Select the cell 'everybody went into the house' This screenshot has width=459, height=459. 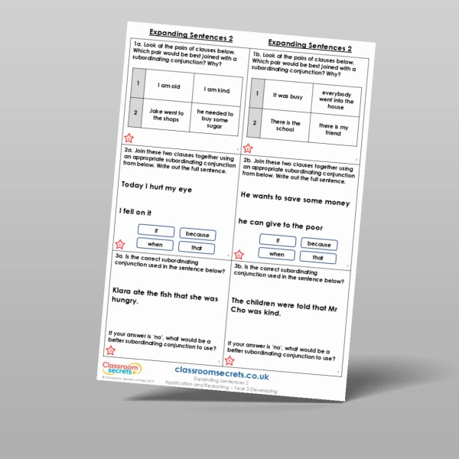point(331,102)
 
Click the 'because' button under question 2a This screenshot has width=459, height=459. point(197,233)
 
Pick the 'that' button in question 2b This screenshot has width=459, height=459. point(317,258)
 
